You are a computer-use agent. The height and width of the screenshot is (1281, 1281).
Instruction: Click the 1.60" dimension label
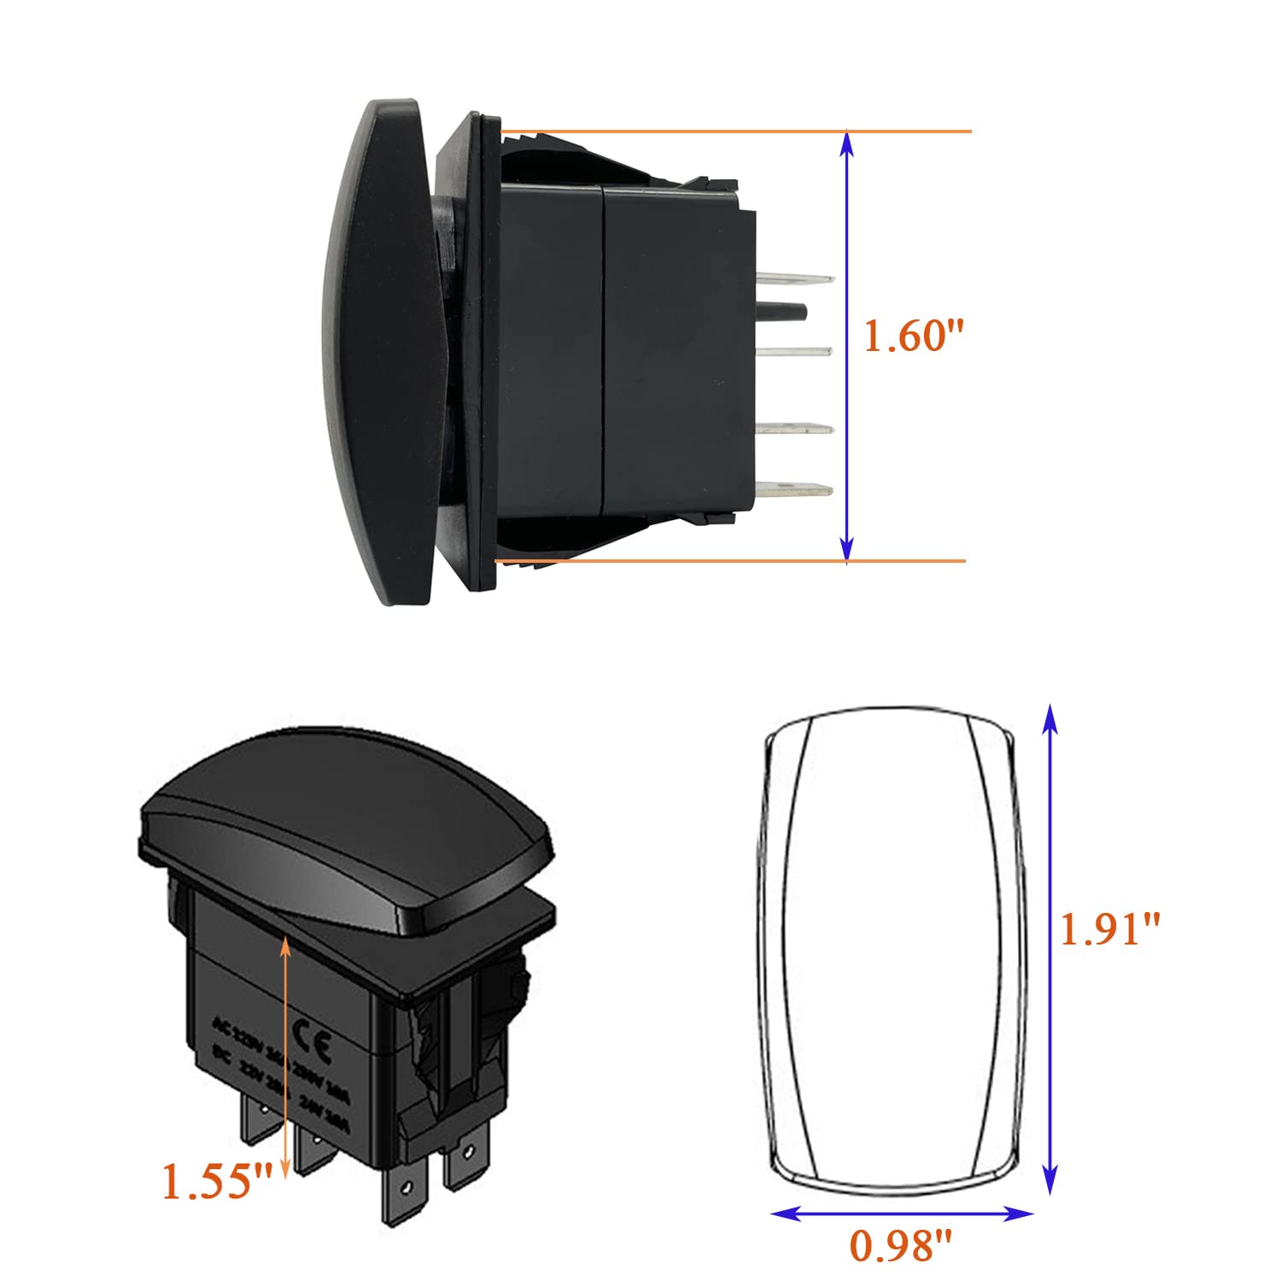(913, 336)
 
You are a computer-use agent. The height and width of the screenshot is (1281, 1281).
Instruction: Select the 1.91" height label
(1110, 928)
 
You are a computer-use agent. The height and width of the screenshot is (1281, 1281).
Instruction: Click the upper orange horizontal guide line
(734, 132)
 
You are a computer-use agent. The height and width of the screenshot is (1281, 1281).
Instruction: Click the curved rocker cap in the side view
(380, 350)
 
